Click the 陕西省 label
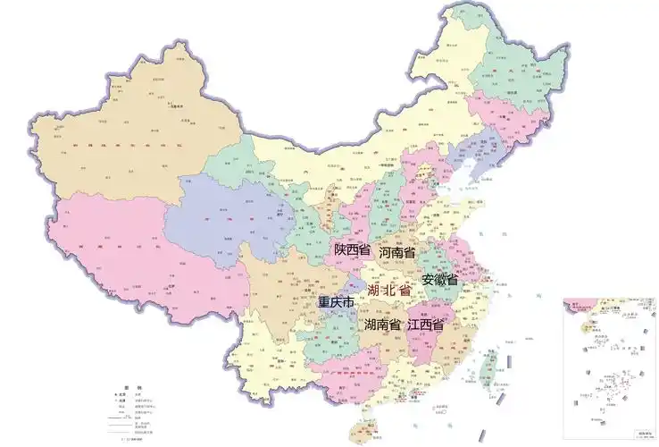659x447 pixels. click(352, 251)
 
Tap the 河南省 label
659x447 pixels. click(397, 253)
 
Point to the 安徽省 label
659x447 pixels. click(439, 280)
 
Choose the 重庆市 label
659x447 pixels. click(336, 302)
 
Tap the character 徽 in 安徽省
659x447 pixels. click(439, 280)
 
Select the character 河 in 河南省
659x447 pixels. click(385, 253)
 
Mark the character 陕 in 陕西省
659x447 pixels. click(340, 251)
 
